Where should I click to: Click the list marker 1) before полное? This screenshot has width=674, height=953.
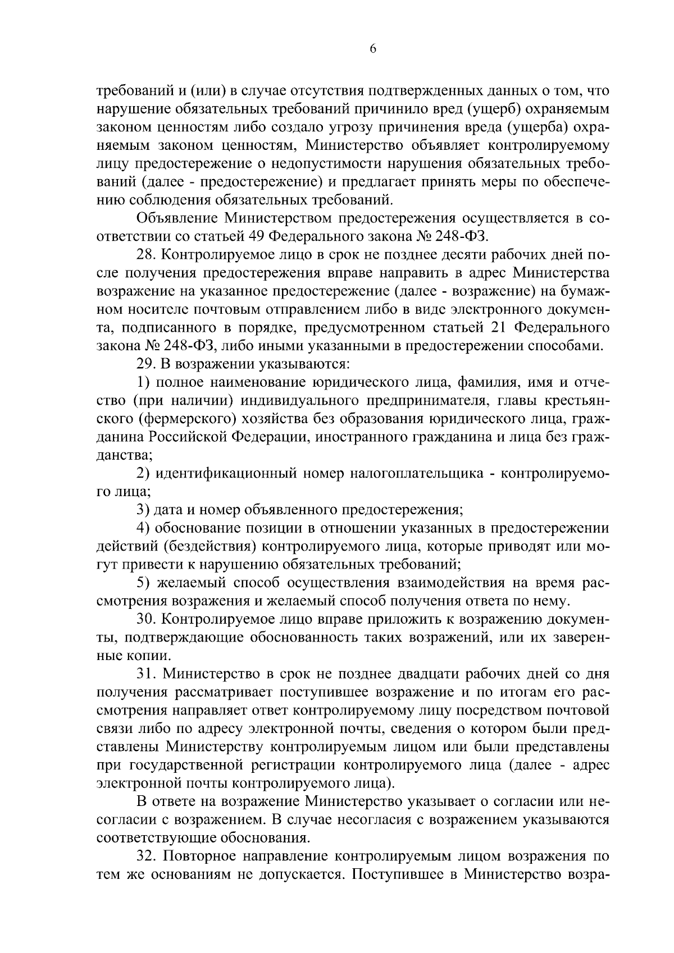pyautogui.click(x=144, y=382)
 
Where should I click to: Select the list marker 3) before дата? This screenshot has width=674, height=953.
pyautogui.click(x=144, y=510)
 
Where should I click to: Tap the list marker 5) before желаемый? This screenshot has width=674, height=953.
pyautogui.click(x=144, y=583)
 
